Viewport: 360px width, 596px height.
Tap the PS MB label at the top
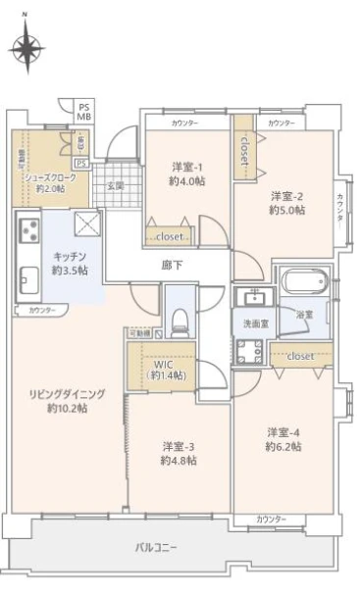83,111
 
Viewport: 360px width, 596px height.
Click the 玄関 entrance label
116,186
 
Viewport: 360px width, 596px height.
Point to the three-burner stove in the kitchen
27,232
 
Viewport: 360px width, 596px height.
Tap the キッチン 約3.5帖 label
69,264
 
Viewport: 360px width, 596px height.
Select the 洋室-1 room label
186,174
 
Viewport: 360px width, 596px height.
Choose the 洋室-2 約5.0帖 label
286,202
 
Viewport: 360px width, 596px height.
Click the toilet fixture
180,318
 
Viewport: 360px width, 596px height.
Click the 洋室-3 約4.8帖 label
180,453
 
